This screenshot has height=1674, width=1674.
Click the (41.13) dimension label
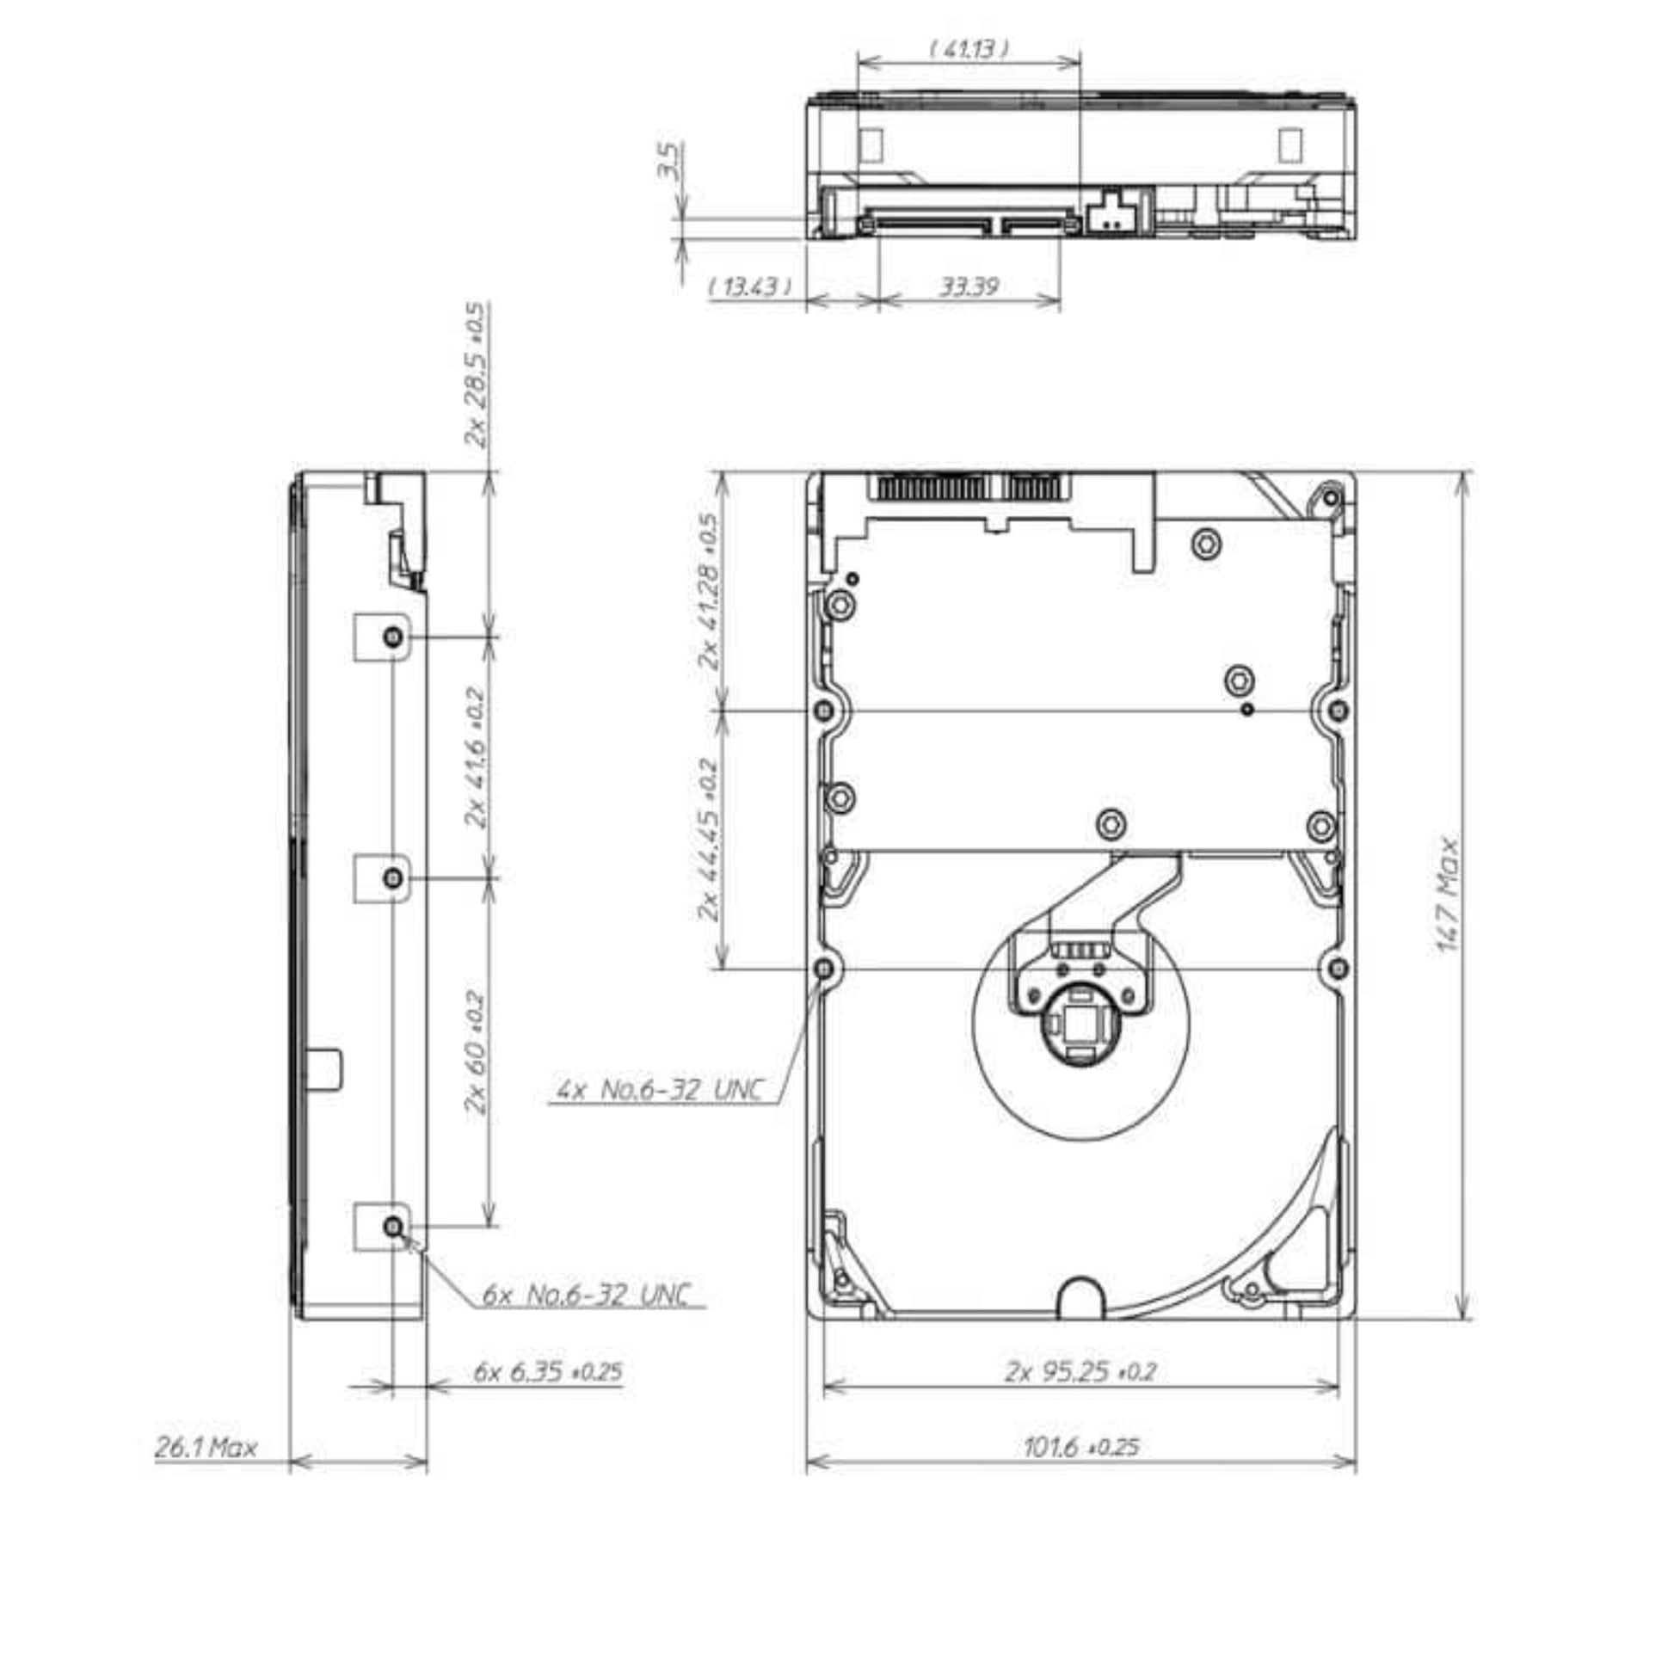(x=969, y=48)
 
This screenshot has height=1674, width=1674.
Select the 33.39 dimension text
(x=969, y=286)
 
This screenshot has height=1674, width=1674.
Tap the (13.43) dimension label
(x=750, y=286)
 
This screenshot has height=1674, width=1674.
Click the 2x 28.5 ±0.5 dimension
(x=476, y=374)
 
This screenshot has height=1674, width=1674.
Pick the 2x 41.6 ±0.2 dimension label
(x=476, y=757)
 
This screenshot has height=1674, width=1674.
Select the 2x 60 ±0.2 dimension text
(x=476, y=1052)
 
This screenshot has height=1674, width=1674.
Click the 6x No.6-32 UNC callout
(x=587, y=1296)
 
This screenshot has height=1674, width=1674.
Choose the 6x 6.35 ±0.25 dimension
(x=548, y=1371)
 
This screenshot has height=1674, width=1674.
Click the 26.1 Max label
(x=206, y=1447)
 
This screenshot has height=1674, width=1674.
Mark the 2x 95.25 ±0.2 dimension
(x=1080, y=1371)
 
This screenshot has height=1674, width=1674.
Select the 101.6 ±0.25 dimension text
(x=1080, y=1446)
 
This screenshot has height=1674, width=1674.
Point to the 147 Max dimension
(x=1448, y=895)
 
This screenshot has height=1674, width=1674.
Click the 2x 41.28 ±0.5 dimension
(x=709, y=592)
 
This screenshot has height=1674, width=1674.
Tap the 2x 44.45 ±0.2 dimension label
(x=709, y=839)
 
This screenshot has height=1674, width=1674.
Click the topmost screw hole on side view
(x=393, y=637)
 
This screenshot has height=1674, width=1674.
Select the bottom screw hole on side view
(x=393, y=1226)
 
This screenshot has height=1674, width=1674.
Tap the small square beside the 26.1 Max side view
(x=326, y=1068)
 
